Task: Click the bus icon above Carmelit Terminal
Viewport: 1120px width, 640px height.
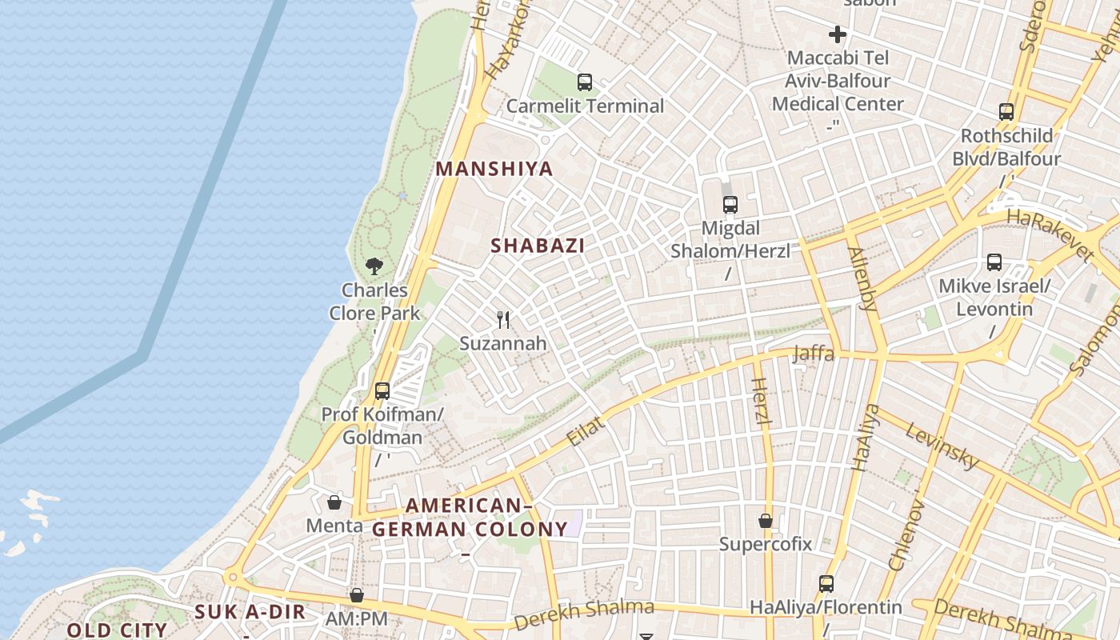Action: pyautogui.click(x=585, y=82)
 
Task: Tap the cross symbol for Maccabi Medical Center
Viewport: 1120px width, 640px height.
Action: pyautogui.click(x=838, y=34)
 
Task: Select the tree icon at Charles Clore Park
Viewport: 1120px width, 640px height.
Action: pyautogui.click(x=374, y=266)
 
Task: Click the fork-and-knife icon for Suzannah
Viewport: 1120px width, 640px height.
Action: pyautogui.click(x=503, y=320)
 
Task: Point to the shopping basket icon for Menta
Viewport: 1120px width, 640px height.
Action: pyautogui.click(x=334, y=502)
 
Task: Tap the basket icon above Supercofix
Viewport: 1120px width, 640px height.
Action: pyautogui.click(x=766, y=521)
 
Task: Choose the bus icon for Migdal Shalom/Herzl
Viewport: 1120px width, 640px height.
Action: pyautogui.click(x=730, y=205)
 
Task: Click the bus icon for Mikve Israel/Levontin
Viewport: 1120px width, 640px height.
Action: pyautogui.click(x=994, y=262)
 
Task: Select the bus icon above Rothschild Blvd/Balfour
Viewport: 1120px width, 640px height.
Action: pyautogui.click(x=1006, y=112)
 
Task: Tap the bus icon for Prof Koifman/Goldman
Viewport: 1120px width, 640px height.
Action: pyautogui.click(x=382, y=391)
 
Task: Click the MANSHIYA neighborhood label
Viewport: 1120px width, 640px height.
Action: pyautogui.click(x=494, y=169)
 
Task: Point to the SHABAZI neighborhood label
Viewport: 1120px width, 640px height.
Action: pyautogui.click(x=538, y=246)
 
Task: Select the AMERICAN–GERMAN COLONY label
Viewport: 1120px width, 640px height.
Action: pyautogui.click(x=470, y=518)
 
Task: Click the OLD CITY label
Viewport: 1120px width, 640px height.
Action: pyautogui.click(x=117, y=630)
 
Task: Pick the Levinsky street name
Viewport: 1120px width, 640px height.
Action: pyautogui.click(x=942, y=446)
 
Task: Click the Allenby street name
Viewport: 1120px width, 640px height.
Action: pyautogui.click(x=862, y=278)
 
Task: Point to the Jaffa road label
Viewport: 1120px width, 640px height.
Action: pyautogui.click(x=813, y=354)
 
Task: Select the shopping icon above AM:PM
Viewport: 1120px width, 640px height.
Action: pyautogui.click(x=357, y=595)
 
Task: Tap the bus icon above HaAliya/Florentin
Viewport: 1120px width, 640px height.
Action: pyautogui.click(x=826, y=584)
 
